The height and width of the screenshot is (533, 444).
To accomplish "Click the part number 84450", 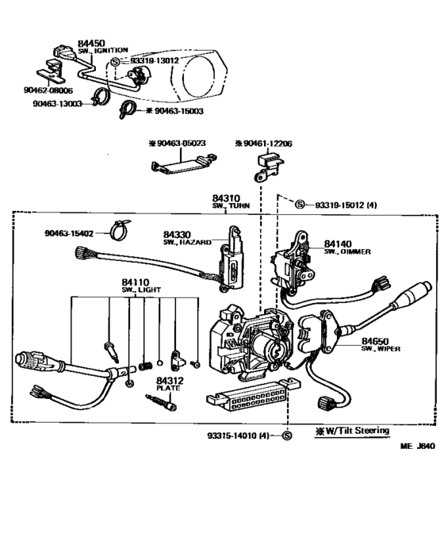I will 90,43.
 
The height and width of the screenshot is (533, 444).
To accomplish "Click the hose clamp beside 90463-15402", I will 117,230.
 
